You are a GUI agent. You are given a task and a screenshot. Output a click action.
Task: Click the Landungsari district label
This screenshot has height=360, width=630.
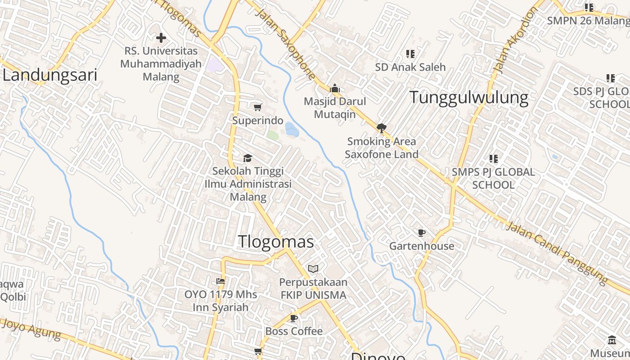point(50,75)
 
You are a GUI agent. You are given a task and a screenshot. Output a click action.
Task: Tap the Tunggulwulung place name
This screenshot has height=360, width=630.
point(468,97)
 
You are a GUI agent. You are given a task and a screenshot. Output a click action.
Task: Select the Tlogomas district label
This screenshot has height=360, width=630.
point(276,242)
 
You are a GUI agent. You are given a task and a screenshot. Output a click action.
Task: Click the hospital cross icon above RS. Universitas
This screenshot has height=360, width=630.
point(161,38)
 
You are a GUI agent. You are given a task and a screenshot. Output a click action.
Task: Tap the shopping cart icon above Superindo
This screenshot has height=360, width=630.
point(257,107)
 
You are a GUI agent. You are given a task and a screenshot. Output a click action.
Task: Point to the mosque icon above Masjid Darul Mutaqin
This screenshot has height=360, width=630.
point(334,88)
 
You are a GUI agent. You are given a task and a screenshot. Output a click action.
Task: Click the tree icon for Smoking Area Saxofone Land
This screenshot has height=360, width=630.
point(382,128)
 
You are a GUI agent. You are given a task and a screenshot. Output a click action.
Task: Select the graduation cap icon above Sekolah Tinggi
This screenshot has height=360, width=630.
point(247,158)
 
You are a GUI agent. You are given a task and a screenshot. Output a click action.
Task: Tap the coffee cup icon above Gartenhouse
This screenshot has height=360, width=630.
point(421,233)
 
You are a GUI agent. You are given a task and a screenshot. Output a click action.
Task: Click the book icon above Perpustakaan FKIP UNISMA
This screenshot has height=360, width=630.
point(313,269)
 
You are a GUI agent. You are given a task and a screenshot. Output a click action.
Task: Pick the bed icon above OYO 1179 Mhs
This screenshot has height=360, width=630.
point(220,281)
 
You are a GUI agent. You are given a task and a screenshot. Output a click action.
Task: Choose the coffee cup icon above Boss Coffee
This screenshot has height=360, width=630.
point(294,318)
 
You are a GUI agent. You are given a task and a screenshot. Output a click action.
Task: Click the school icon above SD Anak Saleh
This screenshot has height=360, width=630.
point(410,54)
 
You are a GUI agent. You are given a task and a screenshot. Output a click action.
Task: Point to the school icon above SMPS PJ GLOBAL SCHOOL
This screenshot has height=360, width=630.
point(493,159)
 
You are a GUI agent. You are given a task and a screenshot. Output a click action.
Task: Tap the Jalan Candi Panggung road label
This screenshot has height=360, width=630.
point(557,252)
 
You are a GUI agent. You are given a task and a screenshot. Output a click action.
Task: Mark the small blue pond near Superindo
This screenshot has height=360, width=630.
point(292,130)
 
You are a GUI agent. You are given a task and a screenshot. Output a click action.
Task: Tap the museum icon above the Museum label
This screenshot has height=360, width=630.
point(612,340)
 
